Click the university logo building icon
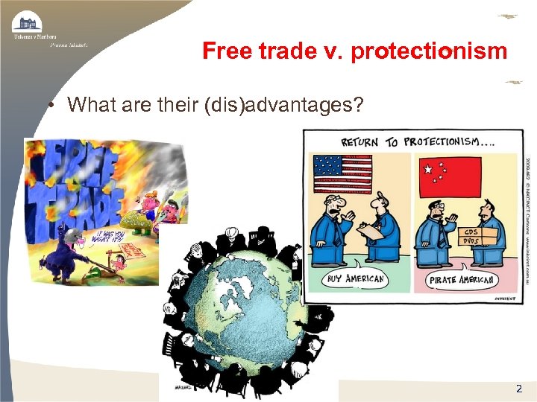coord(28,22)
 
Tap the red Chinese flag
coord(450,176)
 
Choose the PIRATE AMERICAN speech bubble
coord(462,281)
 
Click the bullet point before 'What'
coord(47,106)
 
